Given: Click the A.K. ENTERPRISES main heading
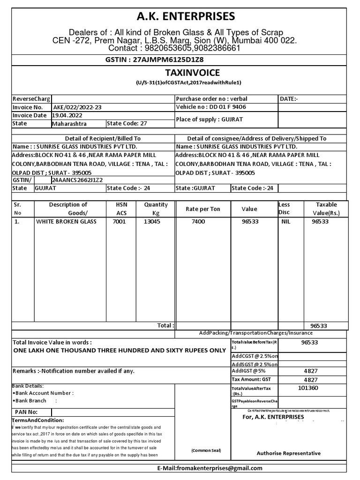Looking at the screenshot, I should (180, 16).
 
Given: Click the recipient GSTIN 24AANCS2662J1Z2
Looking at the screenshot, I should (77, 180).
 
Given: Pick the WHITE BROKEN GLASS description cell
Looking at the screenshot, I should (66, 221).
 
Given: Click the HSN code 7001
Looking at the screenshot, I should (119, 221).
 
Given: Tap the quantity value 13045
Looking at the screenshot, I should (152, 221).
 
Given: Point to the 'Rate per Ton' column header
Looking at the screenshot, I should (202, 209).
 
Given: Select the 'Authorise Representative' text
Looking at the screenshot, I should (289, 453).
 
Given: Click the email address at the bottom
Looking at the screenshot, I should (210, 468).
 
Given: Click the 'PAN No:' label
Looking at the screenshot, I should (26, 412).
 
